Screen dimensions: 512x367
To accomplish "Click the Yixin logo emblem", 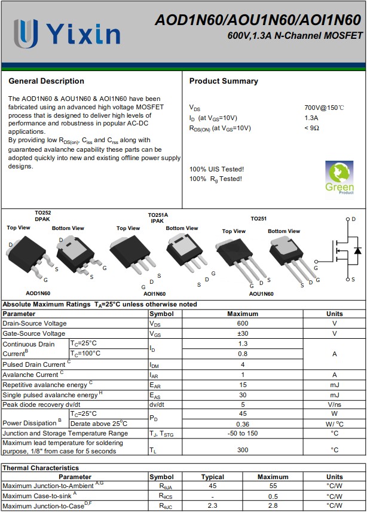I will (26, 33).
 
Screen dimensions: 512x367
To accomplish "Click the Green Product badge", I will (340, 177).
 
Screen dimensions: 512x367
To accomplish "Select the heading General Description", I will (47, 81).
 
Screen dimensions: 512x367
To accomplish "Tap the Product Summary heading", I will (224, 81).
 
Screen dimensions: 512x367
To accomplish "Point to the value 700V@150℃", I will (324, 108).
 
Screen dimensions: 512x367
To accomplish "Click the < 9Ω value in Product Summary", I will (311, 128).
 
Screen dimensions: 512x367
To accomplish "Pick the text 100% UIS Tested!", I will (216, 169).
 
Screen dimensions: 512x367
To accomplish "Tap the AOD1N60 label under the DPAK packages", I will (38, 293).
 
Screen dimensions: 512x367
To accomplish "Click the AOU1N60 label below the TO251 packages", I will (261, 294).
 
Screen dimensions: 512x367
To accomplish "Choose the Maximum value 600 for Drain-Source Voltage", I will (243, 323).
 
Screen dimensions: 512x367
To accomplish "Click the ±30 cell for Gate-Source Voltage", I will (243, 333).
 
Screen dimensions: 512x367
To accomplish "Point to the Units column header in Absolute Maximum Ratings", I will (335, 314).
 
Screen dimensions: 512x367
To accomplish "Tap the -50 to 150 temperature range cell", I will (243, 433).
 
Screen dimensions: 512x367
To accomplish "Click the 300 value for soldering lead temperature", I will (243, 450).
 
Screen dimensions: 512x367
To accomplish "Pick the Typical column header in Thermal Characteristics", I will (213, 477).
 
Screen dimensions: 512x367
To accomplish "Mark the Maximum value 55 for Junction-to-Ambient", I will (273, 486).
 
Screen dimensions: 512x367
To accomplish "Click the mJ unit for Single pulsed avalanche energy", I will (335, 395).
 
